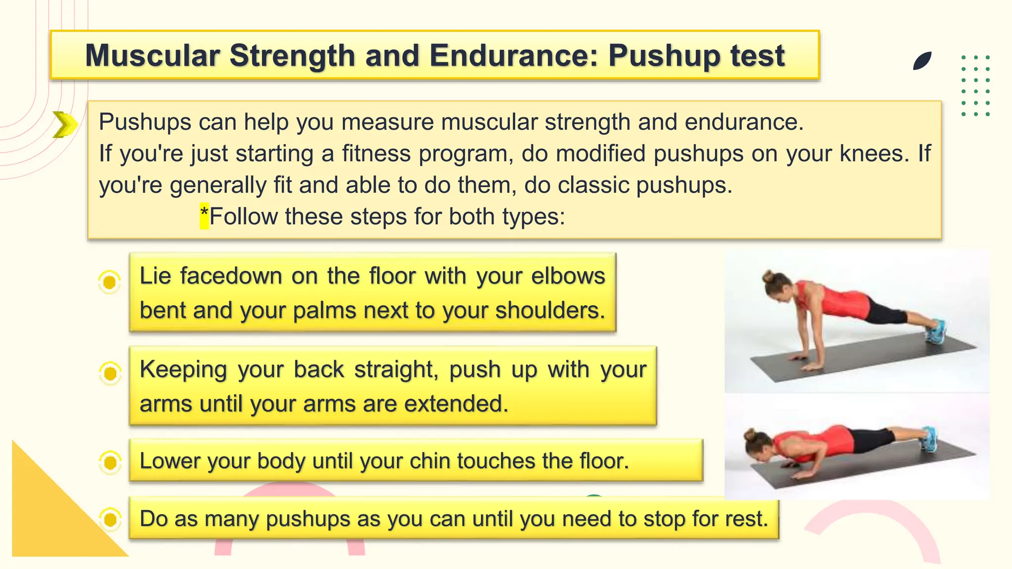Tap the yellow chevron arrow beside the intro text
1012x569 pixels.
tap(65, 124)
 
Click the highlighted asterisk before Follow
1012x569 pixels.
tap(204, 216)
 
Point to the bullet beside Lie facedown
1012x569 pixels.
tap(110, 282)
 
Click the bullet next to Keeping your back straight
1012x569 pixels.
tap(110, 373)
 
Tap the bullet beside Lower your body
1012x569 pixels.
tap(110, 462)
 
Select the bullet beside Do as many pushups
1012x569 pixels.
tap(110, 519)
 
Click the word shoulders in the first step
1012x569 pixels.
tap(549, 310)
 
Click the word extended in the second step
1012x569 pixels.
tap(456, 403)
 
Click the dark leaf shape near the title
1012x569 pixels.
tap(922, 61)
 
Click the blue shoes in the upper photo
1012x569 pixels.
tap(935, 332)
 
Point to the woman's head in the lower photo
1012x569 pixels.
tap(759, 444)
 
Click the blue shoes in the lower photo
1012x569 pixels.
tap(929, 439)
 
